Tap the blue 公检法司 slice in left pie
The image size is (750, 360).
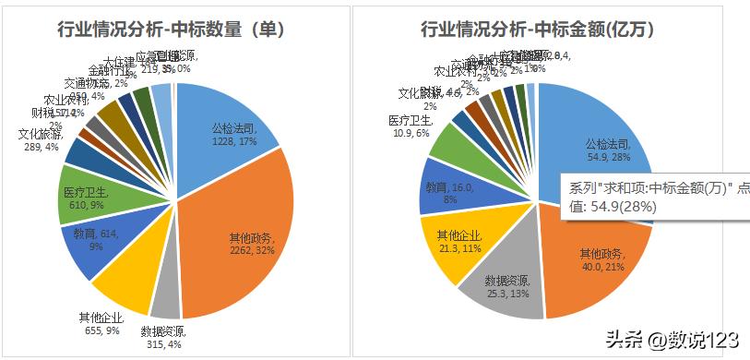[221, 120]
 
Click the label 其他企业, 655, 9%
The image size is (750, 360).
[101, 324]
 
